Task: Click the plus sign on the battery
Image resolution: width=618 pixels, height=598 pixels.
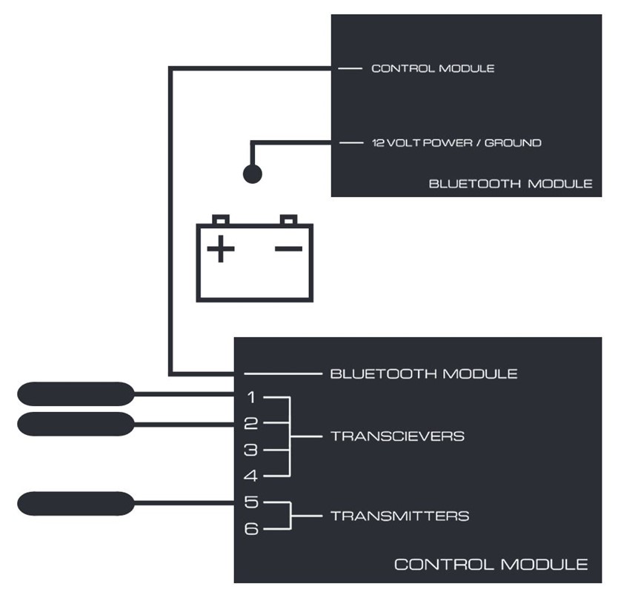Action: [x=221, y=249]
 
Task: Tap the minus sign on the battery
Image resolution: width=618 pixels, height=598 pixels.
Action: [x=288, y=248]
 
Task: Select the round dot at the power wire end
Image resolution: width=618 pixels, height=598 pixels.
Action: [x=253, y=174]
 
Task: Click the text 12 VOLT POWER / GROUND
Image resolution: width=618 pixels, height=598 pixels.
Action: [x=456, y=142]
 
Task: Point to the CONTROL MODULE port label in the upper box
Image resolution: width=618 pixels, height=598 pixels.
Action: [x=433, y=68]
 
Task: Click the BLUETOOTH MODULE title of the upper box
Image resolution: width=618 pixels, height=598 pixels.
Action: [x=511, y=183]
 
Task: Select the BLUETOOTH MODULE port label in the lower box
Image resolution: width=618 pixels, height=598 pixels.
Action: [x=423, y=373]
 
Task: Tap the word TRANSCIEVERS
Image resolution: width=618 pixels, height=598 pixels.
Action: [x=397, y=436]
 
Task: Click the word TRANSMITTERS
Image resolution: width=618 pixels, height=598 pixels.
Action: [x=399, y=516]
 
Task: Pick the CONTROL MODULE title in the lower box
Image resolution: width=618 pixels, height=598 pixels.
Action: [x=491, y=565]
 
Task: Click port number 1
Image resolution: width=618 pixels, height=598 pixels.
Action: [x=250, y=398]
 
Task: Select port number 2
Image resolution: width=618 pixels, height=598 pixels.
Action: [x=250, y=424]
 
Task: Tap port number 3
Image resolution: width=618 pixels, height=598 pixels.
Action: [x=250, y=450]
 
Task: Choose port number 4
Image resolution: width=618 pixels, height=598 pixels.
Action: [x=250, y=476]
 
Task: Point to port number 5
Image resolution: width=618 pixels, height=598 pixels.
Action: [x=250, y=502]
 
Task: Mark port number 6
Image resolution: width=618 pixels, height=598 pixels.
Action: [x=250, y=529]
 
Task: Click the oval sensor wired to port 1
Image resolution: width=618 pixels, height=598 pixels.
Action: [x=75, y=393]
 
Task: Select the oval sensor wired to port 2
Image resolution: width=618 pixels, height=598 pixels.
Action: [x=75, y=424]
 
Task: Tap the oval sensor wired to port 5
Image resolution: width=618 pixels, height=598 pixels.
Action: [x=75, y=503]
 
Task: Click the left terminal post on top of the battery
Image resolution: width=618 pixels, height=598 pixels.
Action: [x=220, y=220]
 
